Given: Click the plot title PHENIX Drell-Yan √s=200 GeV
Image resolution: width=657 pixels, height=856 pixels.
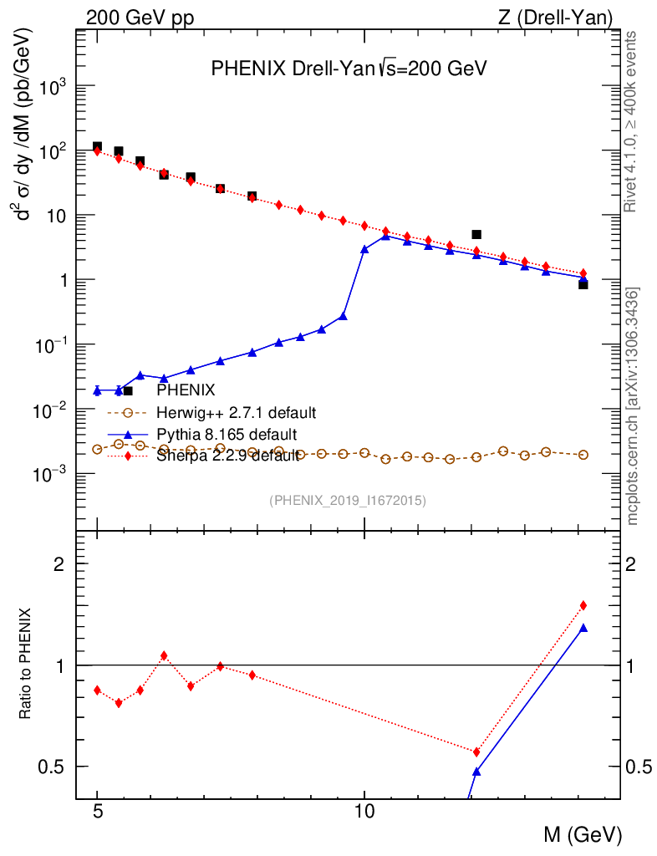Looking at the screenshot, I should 349,69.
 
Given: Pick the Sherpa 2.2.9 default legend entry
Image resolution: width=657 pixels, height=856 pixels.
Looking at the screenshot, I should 227,456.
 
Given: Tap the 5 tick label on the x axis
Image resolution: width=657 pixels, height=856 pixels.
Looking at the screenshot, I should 98,811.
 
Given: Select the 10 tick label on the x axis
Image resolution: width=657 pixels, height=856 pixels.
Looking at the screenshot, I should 364,811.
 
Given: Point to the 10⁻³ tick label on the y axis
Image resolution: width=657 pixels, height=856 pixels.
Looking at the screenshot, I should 55,474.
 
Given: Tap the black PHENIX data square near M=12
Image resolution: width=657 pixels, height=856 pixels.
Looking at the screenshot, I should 476,235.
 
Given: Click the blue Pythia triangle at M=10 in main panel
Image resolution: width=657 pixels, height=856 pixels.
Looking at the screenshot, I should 364,249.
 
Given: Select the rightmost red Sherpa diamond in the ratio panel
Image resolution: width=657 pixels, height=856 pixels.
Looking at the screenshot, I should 583,605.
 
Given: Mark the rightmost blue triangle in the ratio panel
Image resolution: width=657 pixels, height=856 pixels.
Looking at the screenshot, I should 583,628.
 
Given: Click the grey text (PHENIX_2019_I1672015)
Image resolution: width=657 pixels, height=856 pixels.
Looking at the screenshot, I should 349,501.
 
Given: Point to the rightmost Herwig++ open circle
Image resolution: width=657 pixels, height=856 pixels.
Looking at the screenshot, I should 583,455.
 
